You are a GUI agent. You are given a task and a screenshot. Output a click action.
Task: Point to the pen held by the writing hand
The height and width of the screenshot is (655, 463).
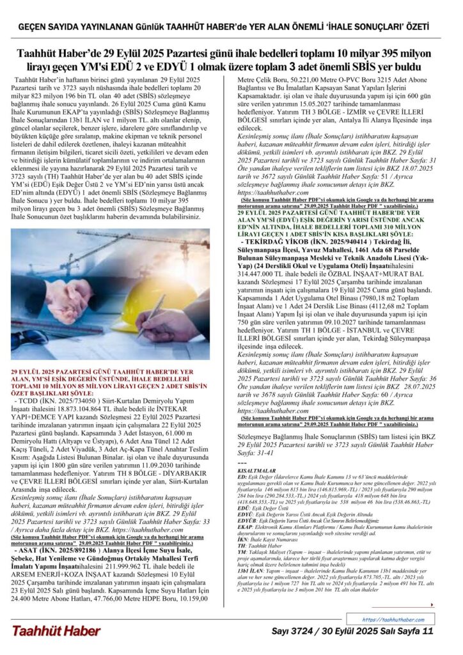click(151, 316)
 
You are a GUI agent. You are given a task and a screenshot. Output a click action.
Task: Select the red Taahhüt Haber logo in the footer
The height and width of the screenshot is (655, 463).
click(54, 631)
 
